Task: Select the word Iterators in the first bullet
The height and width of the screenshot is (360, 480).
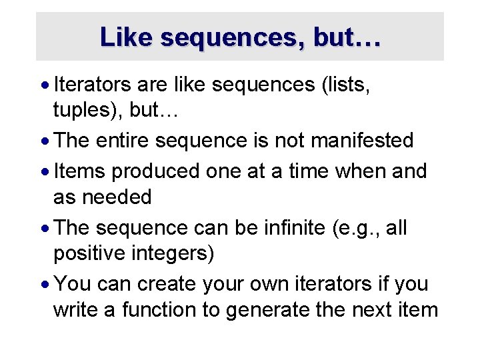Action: pos(94,85)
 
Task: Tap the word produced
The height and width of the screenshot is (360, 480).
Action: pos(155,171)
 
